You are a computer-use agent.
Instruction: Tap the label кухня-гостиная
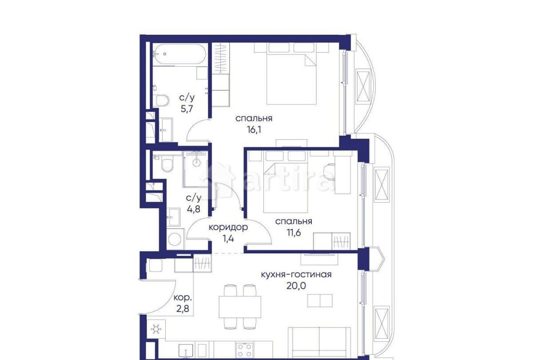click(x=296, y=275)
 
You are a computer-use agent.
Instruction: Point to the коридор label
click(x=228, y=227)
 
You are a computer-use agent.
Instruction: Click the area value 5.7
click(x=186, y=108)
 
